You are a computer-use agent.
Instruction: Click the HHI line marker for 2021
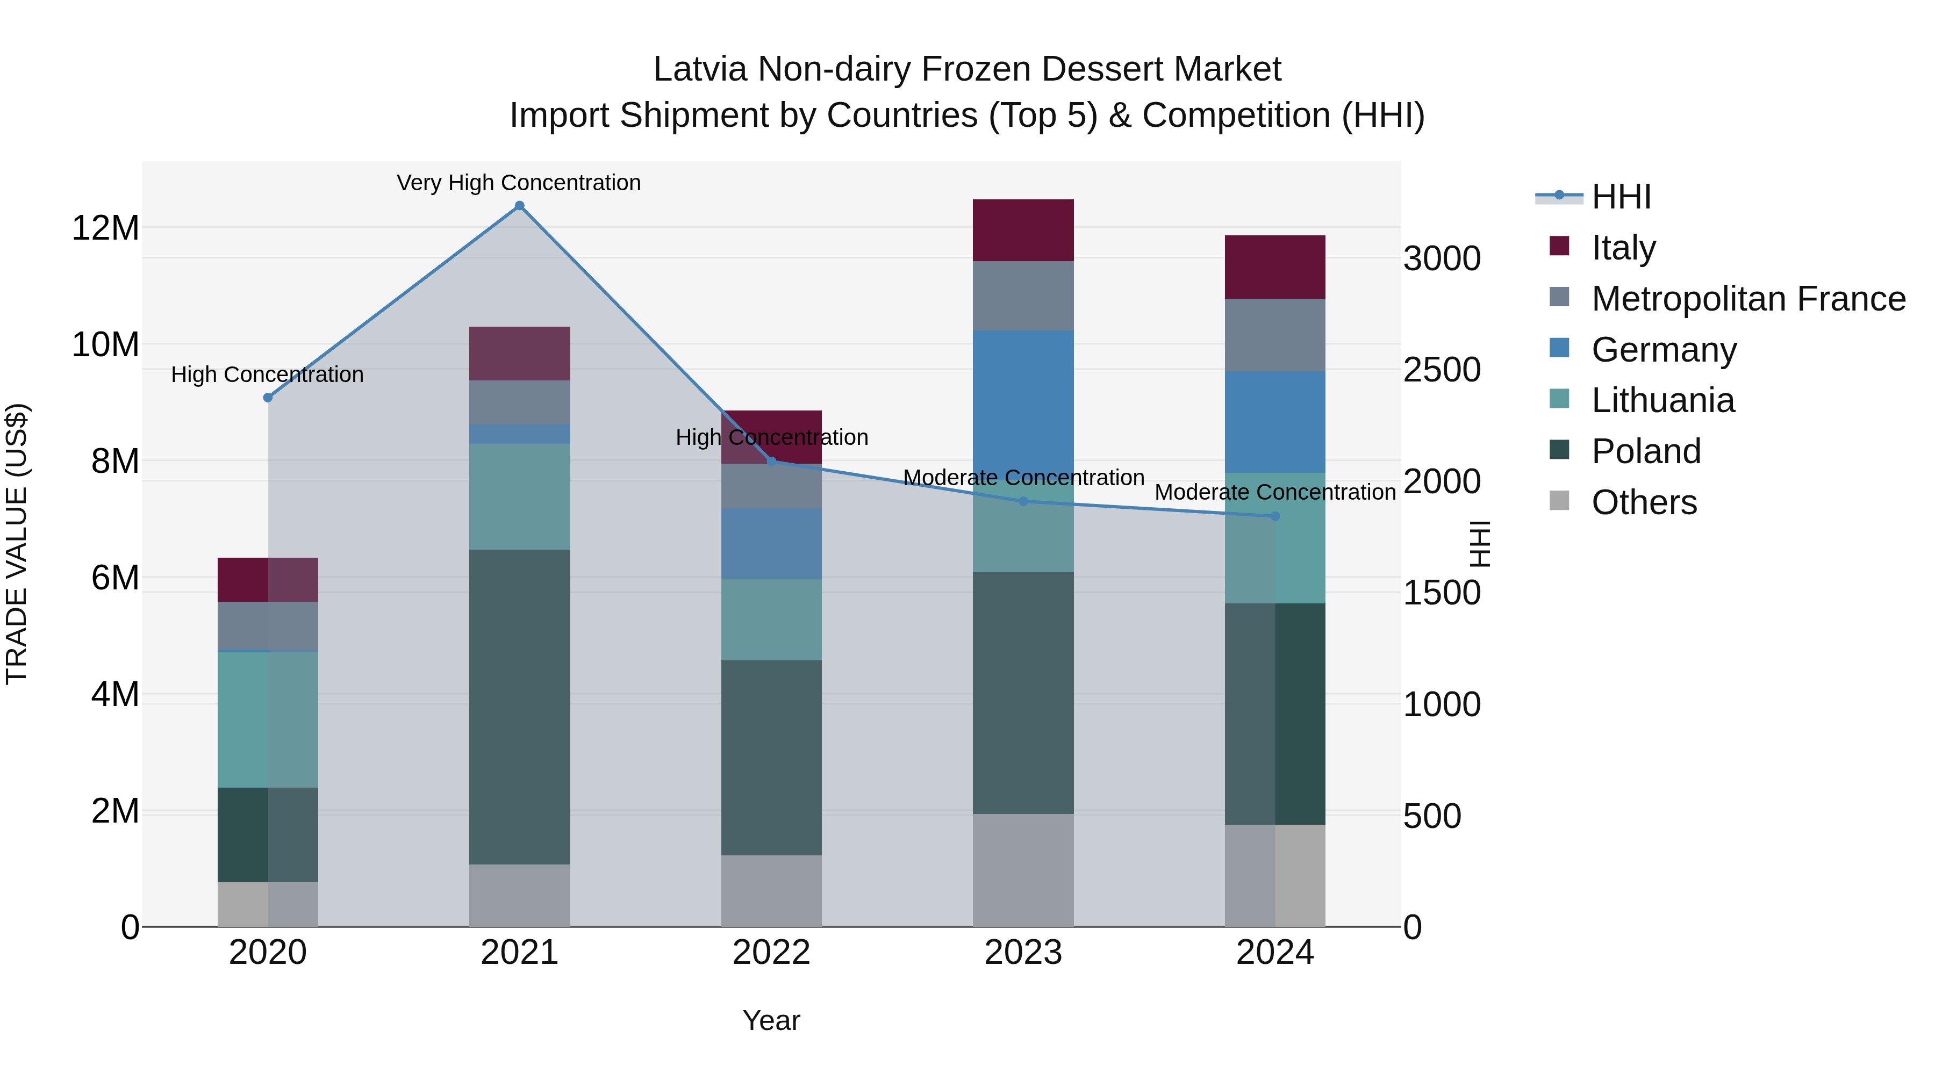[x=519, y=206]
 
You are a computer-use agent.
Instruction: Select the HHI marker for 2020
[x=268, y=397]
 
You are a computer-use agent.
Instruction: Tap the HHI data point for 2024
[x=1275, y=516]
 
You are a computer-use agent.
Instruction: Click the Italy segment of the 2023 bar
[x=1023, y=230]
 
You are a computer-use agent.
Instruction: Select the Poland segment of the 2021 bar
[x=519, y=706]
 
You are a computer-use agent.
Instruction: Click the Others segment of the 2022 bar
[x=771, y=890]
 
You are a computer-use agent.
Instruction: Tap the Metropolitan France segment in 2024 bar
[x=1275, y=335]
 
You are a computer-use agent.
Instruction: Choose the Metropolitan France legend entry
[x=1748, y=299]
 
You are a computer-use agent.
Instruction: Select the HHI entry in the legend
[x=1621, y=197]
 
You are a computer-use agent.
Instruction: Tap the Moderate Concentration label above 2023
[x=1023, y=478]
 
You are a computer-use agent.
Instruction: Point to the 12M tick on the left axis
[x=105, y=227]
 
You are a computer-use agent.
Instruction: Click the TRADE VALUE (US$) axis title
[x=17, y=544]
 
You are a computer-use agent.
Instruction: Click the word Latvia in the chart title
[x=700, y=69]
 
